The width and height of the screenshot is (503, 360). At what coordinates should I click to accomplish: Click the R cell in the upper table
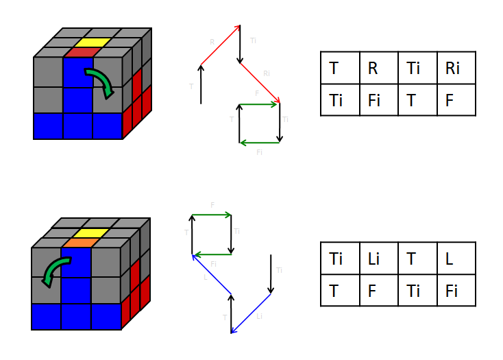click(x=378, y=68)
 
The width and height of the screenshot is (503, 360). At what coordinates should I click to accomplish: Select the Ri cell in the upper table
click(x=456, y=68)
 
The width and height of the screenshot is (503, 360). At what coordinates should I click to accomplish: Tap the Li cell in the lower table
click(x=378, y=259)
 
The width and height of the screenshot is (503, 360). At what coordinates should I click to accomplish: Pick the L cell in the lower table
click(x=456, y=259)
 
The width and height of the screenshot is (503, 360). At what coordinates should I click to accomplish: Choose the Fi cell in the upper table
click(x=378, y=99)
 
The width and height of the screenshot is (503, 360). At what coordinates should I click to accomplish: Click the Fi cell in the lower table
click(x=456, y=290)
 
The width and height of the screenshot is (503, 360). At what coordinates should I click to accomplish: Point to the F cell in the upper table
click(x=456, y=99)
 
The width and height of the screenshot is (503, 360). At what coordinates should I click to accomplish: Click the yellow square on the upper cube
click(x=87, y=43)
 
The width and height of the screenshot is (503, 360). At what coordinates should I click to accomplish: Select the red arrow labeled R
click(x=220, y=45)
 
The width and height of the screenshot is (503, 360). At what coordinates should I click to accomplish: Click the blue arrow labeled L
click(x=211, y=274)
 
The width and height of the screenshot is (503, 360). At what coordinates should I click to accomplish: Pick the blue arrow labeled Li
click(x=251, y=313)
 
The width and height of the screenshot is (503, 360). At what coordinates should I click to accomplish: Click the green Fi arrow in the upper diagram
click(x=259, y=143)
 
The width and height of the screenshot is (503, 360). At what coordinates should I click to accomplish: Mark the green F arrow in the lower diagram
click(x=211, y=215)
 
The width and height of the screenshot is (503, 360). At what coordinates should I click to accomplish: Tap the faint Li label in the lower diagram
click(x=259, y=316)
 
